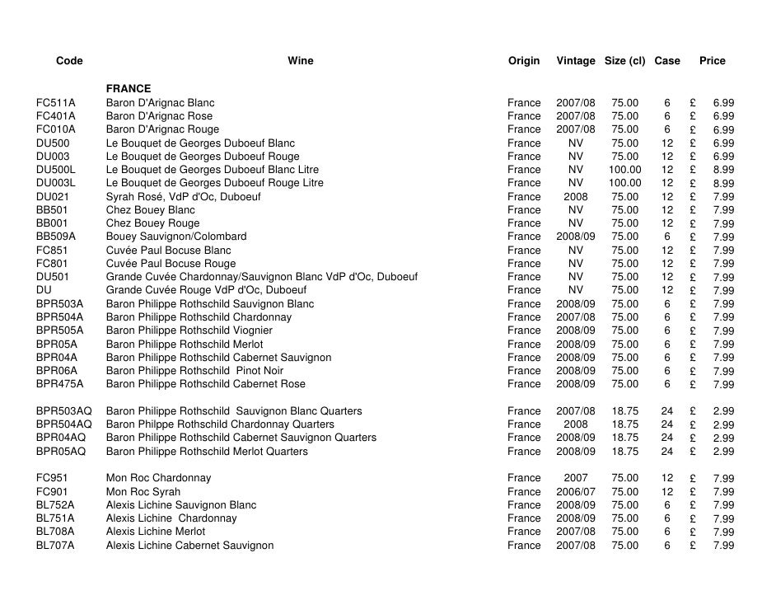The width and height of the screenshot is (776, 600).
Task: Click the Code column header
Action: [x=69, y=61]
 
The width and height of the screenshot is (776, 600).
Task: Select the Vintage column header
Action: [x=575, y=61]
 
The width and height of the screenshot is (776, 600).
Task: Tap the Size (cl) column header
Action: [x=624, y=61]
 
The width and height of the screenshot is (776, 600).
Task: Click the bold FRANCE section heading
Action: [x=129, y=89]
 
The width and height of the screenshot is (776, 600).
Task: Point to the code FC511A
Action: [x=56, y=103]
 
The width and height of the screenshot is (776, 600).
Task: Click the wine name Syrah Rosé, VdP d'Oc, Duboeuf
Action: [x=183, y=197]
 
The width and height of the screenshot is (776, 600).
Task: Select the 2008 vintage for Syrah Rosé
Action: [x=575, y=197]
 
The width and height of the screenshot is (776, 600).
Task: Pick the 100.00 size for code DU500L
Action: [x=624, y=170]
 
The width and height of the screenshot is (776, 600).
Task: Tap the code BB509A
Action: [x=56, y=237]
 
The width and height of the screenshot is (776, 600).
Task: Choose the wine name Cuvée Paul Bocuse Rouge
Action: [x=171, y=264]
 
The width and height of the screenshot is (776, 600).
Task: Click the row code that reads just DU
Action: [x=44, y=290]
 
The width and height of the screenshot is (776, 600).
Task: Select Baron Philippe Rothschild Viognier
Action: [x=189, y=330]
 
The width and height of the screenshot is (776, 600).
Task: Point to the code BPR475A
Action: [x=59, y=384]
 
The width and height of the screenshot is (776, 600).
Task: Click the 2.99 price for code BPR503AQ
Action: [x=723, y=411]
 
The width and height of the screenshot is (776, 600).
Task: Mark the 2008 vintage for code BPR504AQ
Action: [x=575, y=424]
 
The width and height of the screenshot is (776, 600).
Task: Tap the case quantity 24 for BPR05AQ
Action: [x=666, y=452]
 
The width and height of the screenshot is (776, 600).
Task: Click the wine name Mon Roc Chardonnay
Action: [x=158, y=478]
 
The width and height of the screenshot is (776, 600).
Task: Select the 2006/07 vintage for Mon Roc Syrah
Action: [x=575, y=491]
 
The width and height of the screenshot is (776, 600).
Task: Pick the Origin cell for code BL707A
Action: [x=524, y=546]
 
